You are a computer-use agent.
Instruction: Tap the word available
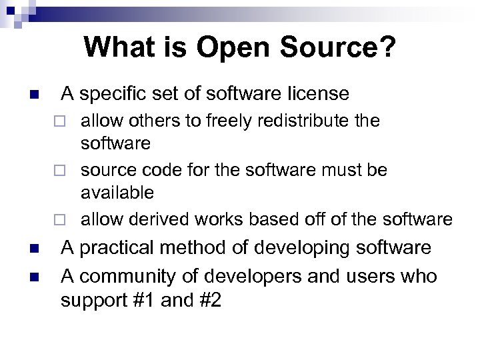coord(117,193)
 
